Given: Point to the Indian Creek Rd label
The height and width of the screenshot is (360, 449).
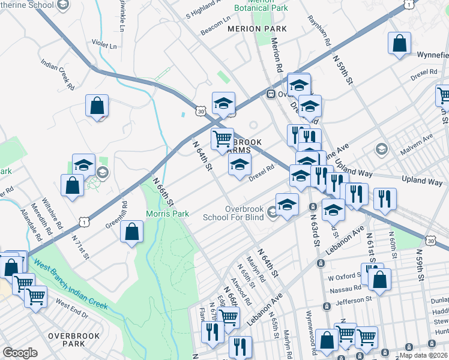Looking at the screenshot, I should coord(58,74).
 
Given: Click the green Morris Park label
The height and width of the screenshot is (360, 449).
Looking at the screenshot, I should coord(167,214).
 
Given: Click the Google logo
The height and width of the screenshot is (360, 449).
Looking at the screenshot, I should coord(20,353).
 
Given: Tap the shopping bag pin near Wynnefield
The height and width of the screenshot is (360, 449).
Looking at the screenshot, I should coord(399,44).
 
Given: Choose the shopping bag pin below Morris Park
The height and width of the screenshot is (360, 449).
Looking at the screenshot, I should coord(131,232).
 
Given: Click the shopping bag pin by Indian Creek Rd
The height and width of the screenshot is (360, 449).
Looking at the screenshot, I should coord(97,107).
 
